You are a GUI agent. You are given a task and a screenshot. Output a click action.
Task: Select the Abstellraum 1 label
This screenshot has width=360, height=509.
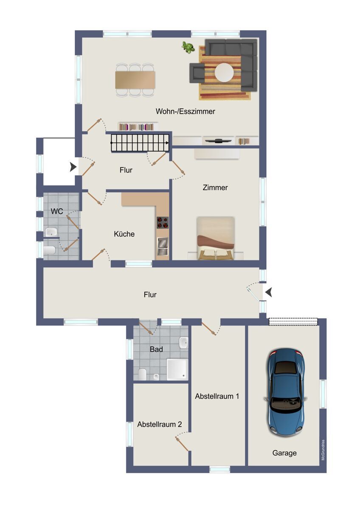pos(217,396)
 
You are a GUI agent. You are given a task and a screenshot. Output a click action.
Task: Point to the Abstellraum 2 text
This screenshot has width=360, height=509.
pos(160,424)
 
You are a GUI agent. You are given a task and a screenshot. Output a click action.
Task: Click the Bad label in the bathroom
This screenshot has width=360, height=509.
pos(156,349)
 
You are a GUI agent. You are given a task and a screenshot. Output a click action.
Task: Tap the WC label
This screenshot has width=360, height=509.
pos(57,211)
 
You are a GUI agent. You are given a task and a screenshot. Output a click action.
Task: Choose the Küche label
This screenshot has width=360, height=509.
pos(124,234)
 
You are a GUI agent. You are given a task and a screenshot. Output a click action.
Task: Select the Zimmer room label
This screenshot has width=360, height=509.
pos(215,187)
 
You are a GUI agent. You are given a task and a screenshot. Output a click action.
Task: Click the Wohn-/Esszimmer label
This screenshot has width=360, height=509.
pos(186,111)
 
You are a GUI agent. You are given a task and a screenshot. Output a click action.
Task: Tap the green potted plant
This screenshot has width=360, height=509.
pos(188,48)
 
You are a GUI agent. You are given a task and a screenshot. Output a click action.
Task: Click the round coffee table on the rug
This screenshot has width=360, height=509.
pos(224,73)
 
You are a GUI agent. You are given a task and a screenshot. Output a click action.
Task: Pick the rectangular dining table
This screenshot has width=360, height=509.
pos(135,80)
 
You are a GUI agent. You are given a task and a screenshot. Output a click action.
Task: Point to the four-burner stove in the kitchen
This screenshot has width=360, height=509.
pos(162,222)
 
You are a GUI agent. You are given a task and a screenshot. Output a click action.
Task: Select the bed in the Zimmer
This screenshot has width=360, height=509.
pos(215,238)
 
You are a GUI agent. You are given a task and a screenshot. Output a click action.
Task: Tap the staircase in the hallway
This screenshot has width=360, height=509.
pos(140,143)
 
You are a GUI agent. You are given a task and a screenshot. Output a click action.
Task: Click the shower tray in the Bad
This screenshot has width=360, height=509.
pos(177,369)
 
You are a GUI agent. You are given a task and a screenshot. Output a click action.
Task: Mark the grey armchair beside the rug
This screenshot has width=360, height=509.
pos(197,73)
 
